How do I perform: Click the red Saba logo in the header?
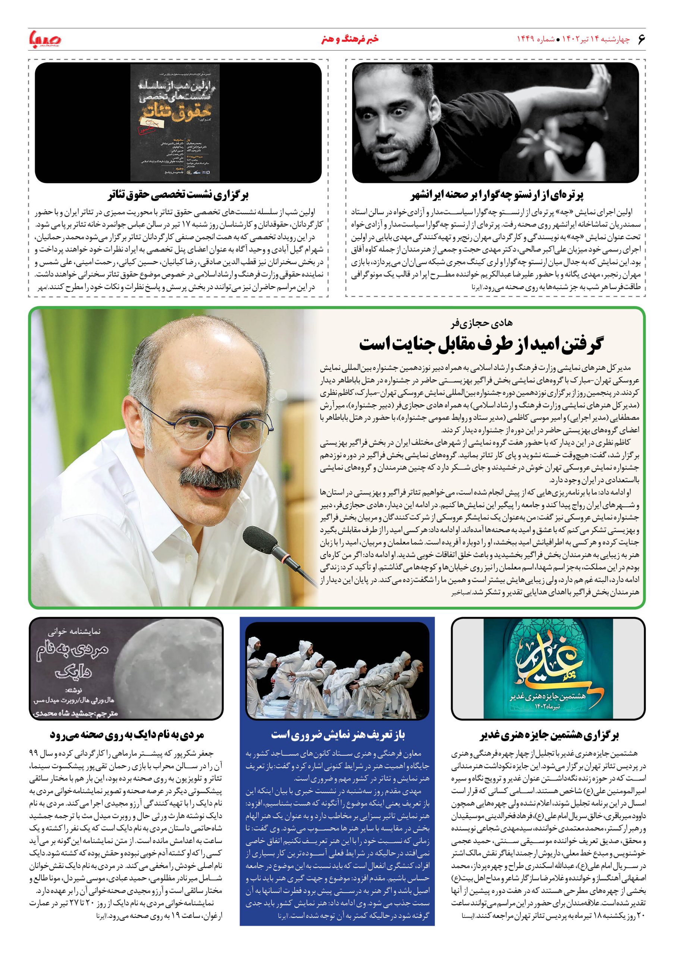[45, 40]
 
